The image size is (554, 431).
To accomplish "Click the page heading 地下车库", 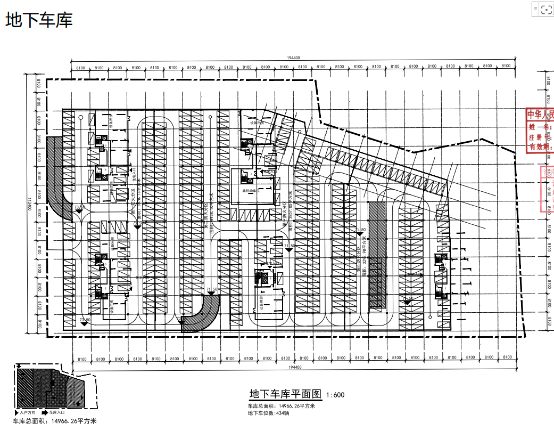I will [39, 20].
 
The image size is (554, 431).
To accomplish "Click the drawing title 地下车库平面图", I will [286, 394].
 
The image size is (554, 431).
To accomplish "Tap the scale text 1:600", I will [336, 395].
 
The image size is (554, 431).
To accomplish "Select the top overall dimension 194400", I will [293, 58].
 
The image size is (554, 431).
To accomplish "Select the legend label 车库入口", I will [57, 412].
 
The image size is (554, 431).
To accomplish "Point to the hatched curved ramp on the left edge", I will [57, 176].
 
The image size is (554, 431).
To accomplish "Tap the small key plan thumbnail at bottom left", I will [51, 387].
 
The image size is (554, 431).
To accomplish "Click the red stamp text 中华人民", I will [540, 115].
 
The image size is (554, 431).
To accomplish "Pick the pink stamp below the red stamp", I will [548, 189].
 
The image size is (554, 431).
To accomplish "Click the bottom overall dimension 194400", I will [293, 368].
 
